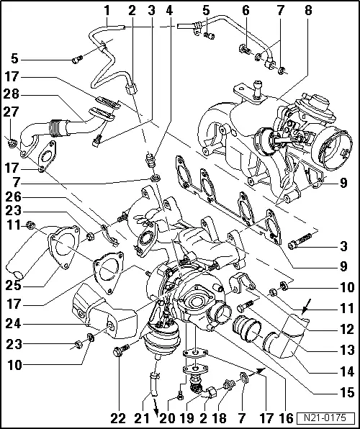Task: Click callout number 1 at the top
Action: [x=107, y=10]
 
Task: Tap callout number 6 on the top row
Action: [x=246, y=10]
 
